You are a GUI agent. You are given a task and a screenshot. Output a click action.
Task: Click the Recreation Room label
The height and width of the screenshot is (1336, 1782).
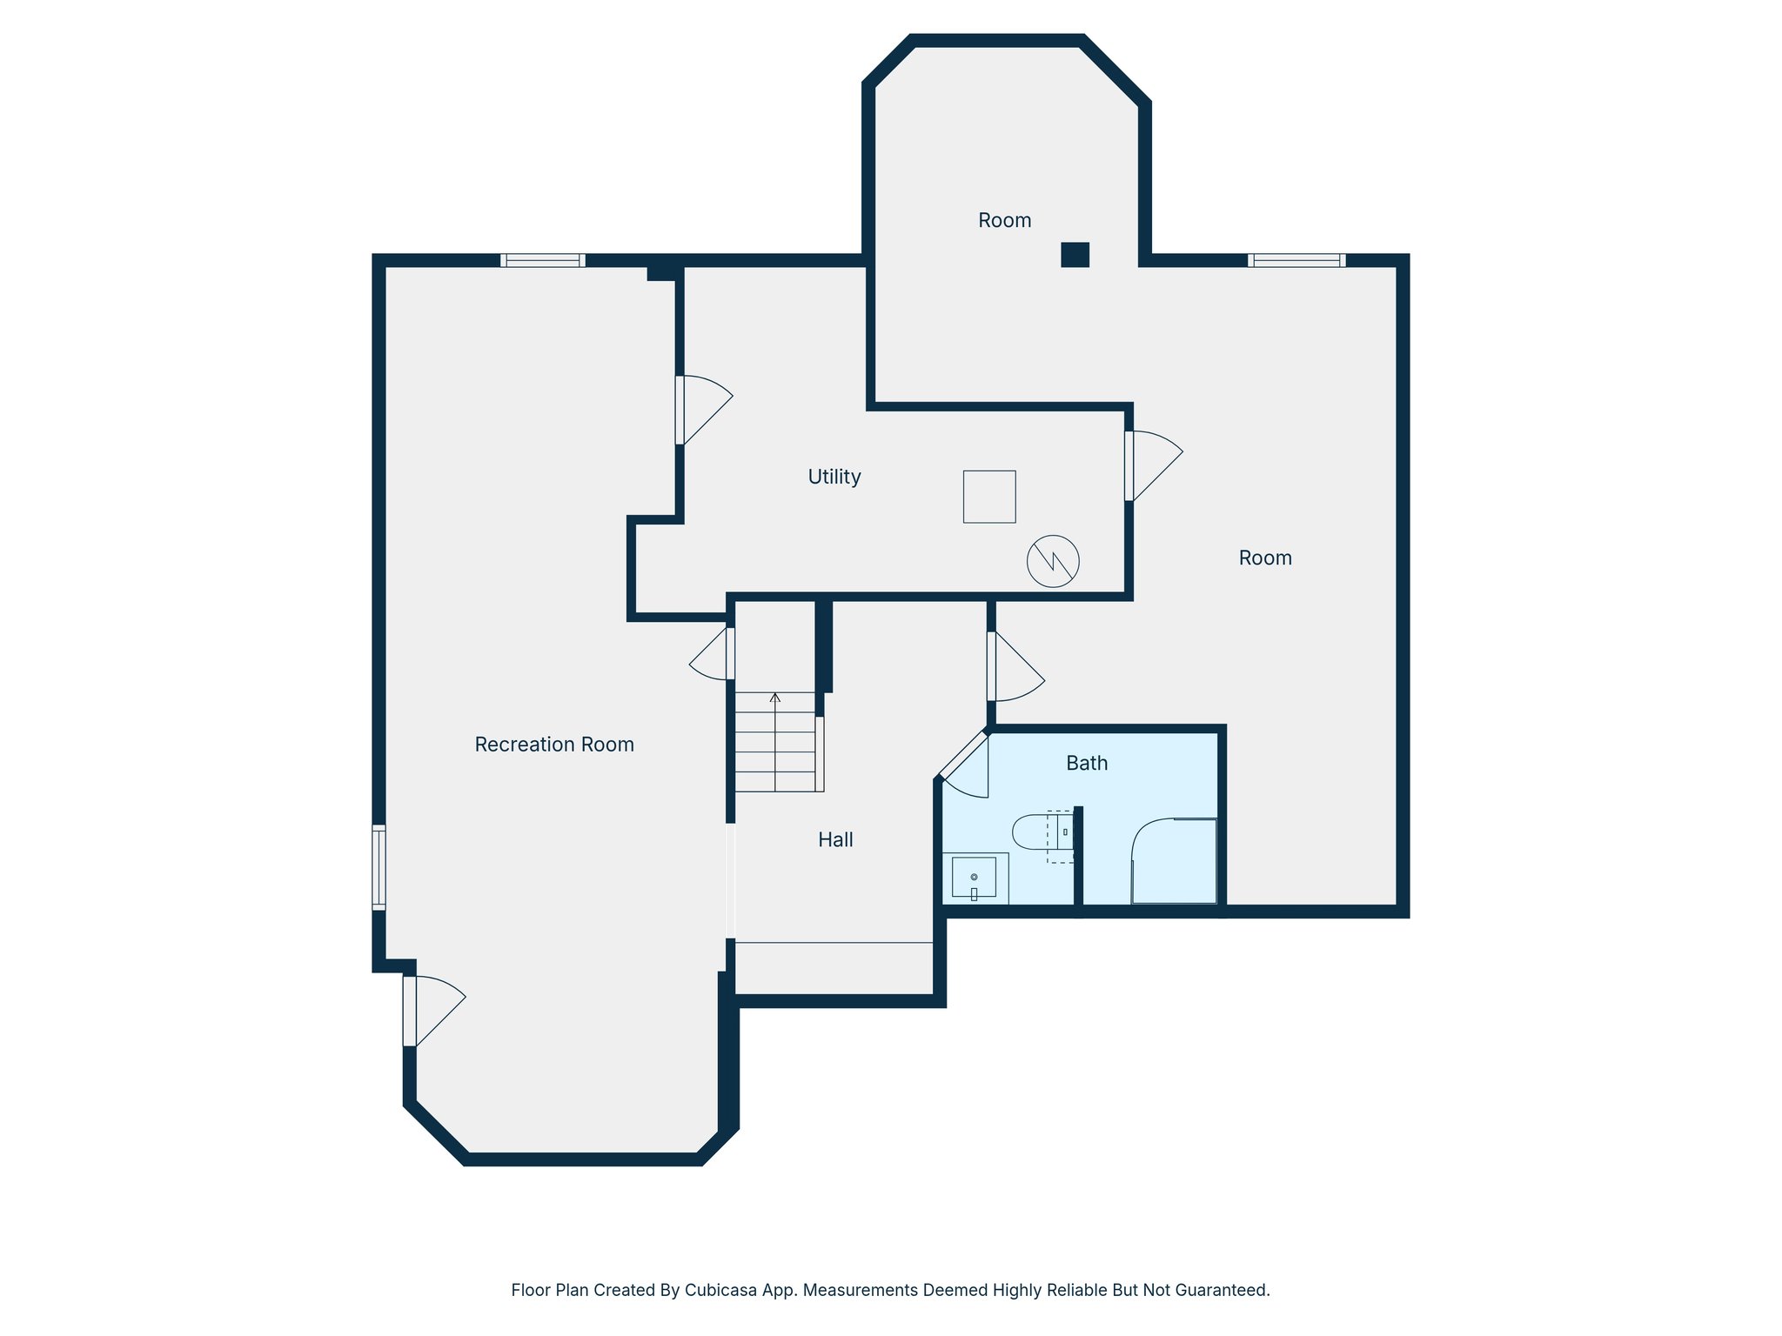point(554,745)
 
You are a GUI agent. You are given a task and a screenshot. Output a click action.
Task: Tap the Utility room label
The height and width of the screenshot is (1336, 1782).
point(834,477)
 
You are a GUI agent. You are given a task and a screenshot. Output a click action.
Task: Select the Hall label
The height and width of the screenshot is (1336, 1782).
point(835,839)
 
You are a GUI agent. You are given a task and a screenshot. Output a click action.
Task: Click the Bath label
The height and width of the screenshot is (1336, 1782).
point(1087,763)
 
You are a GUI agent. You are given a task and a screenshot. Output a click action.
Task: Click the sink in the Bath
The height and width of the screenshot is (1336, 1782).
point(975,878)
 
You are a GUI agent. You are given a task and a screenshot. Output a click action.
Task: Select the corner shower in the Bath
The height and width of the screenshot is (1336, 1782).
point(1174,861)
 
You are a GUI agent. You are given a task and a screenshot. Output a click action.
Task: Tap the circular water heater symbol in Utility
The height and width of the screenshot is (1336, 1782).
point(1053,561)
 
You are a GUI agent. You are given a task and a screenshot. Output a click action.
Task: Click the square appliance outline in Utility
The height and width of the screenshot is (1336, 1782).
point(989,497)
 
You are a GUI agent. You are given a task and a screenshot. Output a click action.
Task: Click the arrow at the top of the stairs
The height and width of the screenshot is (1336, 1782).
point(775,698)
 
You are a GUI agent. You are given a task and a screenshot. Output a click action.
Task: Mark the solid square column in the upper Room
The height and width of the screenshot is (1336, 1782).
point(1075,254)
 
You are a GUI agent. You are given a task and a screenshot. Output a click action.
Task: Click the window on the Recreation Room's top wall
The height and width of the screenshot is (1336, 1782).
point(543,260)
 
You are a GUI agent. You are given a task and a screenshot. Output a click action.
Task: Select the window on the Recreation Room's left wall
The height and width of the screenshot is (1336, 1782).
point(379,867)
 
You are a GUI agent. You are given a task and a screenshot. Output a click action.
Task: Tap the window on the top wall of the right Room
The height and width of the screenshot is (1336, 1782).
point(1296,260)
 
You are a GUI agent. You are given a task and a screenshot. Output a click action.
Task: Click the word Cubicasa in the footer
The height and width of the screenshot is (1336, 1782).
point(719,1290)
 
